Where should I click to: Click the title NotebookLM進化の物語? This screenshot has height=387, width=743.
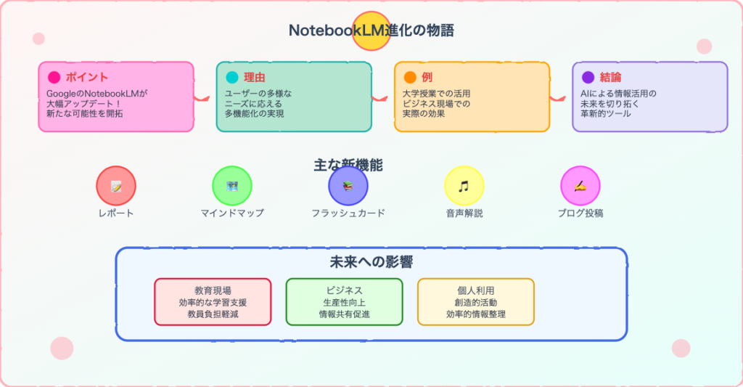(371, 30)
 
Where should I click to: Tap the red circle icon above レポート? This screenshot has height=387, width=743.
(116, 186)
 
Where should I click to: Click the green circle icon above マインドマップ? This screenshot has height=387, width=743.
(232, 186)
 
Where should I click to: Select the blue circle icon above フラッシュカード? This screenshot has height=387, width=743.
(348, 186)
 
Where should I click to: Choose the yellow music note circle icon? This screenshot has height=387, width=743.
(464, 186)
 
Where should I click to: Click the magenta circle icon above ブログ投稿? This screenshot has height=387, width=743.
(580, 186)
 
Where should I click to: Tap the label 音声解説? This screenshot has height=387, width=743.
(464, 213)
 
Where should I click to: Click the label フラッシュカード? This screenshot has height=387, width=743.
(348, 213)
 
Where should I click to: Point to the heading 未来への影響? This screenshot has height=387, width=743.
(371, 262)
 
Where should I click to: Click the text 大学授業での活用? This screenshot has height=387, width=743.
(436, 94)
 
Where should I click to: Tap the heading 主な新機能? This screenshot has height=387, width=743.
(348, 165)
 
